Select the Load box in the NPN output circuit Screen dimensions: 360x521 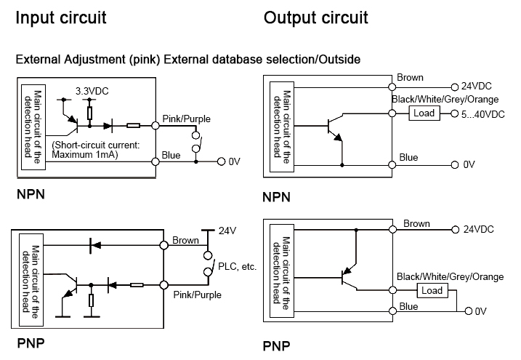[424, 113]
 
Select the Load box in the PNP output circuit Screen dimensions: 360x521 [432, 291]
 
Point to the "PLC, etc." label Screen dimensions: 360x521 [238, 267]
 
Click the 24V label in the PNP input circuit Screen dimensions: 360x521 [228, 231]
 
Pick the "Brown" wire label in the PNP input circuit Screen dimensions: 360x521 [186, 240]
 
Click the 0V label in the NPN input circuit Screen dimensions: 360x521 [234, 161]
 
